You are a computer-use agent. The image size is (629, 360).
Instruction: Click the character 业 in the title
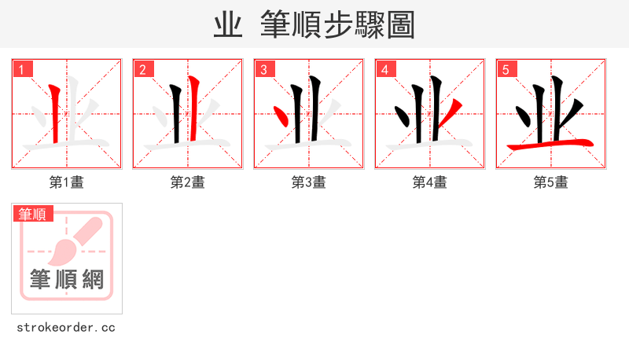(227, 25)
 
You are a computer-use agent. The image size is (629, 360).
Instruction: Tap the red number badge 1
(22, 69)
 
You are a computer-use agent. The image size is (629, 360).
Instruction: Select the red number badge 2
(143, 69)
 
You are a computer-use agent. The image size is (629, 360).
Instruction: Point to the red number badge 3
(264, 69)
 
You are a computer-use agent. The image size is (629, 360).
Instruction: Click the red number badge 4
(385, 69)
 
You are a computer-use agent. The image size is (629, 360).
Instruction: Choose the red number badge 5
(506, 69)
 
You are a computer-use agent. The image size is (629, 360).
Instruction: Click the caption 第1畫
(67, 182)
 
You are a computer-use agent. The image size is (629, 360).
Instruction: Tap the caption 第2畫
(188, 182)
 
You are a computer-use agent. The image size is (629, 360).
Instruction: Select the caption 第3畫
(309, 182)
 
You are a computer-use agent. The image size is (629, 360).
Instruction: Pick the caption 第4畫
(430, 182)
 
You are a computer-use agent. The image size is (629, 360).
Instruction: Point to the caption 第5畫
(551, 182)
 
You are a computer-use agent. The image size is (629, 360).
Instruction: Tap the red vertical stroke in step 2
(193, 110)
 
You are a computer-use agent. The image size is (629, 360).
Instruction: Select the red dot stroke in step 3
(281, 118)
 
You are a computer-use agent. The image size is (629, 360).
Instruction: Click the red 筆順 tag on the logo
(32, 214)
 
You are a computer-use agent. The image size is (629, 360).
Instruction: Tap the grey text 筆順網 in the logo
(67, 279)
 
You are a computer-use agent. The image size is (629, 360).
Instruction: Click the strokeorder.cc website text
(67, 327)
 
